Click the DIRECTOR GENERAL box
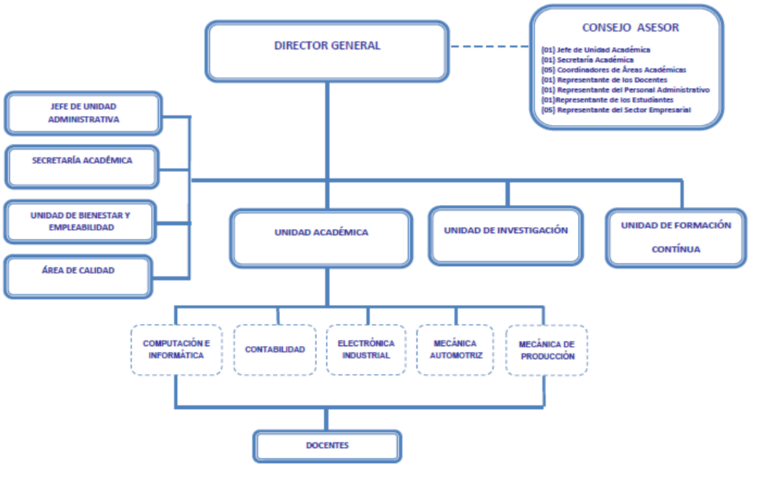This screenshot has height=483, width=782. tap(327, 51)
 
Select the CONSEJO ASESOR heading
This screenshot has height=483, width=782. tap(630, 28)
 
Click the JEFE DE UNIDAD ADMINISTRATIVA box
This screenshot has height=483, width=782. tap(83, 114)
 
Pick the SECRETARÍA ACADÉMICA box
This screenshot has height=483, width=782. tap(82, 166)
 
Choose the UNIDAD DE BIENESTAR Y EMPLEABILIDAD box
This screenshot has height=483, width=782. tap(80, 221)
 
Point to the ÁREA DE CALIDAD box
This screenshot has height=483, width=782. tap(78, 276)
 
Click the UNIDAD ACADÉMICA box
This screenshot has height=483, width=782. tap(322, 238)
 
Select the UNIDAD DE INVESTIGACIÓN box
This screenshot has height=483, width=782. tap(506, 235)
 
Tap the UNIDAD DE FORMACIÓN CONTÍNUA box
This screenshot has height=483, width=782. tap(676, 237)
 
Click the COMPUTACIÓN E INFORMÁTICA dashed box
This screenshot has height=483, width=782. tap(177, 350)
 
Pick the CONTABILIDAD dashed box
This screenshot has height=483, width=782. tap(275, 350)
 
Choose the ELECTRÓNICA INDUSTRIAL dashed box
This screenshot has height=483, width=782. tap(366, 350)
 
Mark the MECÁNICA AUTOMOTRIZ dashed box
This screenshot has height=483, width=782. tap(455, 350)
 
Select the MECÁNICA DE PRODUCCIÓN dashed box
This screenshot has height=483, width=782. tap(547, 350)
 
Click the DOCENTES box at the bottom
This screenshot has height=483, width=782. tap(327, 446)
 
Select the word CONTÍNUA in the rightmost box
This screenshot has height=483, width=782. tap(675, 250)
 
